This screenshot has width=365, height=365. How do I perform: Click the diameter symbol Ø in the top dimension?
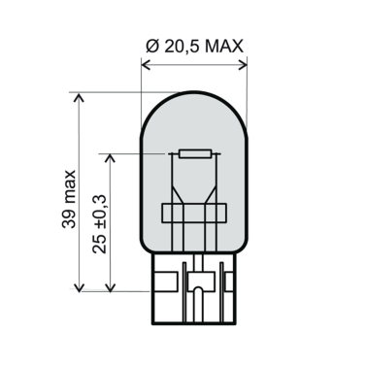[153, 47]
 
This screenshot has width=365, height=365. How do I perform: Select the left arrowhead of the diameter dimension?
[147, 65]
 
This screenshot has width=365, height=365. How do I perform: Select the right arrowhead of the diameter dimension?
[242, 65]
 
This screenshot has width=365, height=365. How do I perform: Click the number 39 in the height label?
[69, 220]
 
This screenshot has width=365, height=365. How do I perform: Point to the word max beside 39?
[70, 189]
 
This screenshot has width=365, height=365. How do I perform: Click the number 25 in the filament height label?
[100, 245]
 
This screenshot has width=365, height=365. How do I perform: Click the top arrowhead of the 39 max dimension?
[80, 97]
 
